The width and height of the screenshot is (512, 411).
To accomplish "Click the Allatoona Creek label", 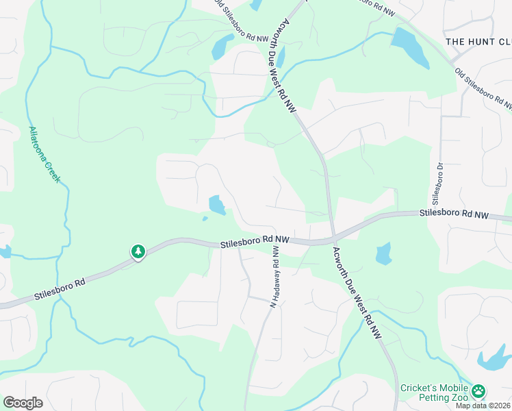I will click(x=45, y=155).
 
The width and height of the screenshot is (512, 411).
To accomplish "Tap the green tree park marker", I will click(x=138, y=252).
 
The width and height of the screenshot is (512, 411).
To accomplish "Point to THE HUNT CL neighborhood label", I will click(x=478, y=42).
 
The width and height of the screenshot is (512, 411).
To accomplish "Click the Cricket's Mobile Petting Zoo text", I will click(x=434, y=393).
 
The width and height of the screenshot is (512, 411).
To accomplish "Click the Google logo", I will click(x=23, y=402).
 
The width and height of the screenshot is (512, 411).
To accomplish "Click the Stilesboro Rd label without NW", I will click(x=61, y=290).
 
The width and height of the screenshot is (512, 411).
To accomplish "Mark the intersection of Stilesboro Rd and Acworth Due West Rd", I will click(x=333, y=238).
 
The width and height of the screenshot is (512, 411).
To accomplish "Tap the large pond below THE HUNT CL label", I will click(x=409, y=48).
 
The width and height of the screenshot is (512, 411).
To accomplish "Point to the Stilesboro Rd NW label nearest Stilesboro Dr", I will click(x=453, y=214).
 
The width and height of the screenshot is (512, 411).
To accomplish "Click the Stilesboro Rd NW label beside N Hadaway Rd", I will click(x=255, y=241).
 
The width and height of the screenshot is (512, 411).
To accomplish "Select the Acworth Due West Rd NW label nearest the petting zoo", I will click(x=358, y=296).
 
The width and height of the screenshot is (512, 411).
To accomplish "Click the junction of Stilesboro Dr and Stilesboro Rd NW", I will click(x=439, y=213).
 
